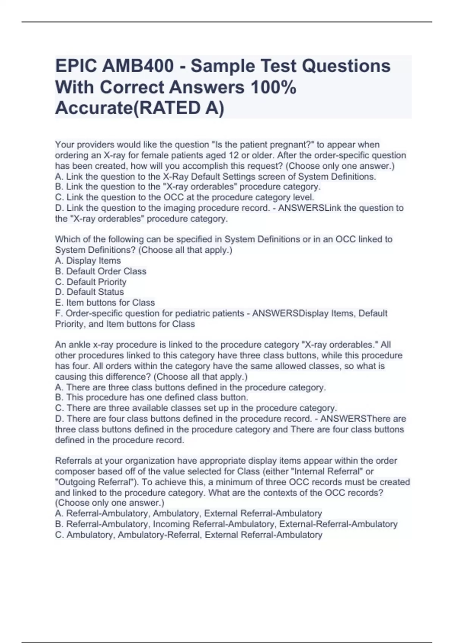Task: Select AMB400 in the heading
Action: (x=138, y=66)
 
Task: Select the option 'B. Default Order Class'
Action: (x=101, y=271)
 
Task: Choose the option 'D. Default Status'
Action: (x=90, y=292)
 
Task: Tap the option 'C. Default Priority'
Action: (x=91, y=282)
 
